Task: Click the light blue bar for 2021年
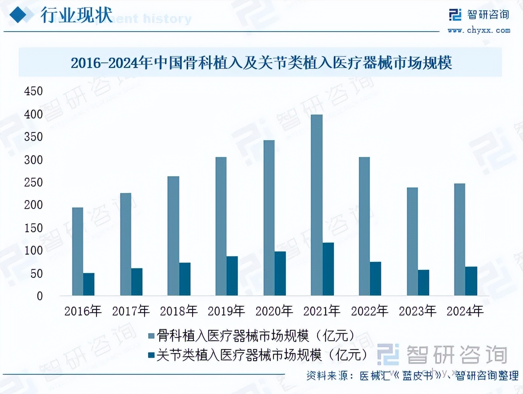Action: click(x=316, y=205)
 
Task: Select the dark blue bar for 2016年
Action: click(x=89, y=284)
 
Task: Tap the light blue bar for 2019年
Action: click(x=221, y=226)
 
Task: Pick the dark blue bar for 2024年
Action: click(x=471, y=281)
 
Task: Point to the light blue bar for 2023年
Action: click(x=412, y=241)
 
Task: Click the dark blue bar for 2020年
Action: click(x=280, y=273)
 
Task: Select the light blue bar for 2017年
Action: click(x=125, y=244)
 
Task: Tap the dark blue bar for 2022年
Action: click(x=376, y=279)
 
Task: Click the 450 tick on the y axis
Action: click(x=33, y=91)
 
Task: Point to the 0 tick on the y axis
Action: click(x=40, y=296)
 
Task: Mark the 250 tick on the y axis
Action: click(x=33, y=183)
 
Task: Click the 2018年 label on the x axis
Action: click(x=179, y=311)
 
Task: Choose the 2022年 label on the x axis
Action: click(x=370, y=311)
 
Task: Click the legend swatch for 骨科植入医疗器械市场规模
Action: click(x=151, y=336)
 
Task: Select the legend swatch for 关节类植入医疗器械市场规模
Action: click(x=151, y=355)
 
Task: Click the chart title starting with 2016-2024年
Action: click(x=261, y=63)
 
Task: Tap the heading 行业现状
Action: click(x=76, y=15)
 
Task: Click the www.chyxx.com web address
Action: click(x=479, y=30)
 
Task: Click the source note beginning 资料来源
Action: click(x=412, y=376)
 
